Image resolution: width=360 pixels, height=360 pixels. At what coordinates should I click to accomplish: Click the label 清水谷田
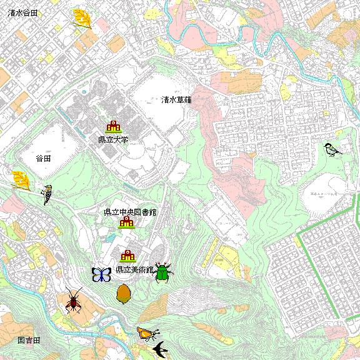(x=19, y=12)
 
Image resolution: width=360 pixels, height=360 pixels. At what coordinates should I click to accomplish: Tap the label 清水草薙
(x=176, y=99)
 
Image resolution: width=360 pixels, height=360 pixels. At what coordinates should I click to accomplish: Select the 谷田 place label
(x=43, y=159)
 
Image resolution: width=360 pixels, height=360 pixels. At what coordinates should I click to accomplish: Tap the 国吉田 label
(x=29, y=340)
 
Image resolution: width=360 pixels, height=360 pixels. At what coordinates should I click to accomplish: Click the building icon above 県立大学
(x=113, y=127)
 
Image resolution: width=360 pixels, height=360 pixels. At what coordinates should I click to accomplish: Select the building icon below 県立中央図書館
(x=127, y=222)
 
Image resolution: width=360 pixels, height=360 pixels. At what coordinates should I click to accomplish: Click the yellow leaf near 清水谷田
(x=82, y=19)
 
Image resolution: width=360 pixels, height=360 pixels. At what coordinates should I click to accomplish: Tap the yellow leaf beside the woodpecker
(x=21, y=180)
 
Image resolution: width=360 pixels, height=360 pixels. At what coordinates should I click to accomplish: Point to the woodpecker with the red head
(x=47, y=194)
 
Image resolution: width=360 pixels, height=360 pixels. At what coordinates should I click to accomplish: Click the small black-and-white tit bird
(x=332, y=149)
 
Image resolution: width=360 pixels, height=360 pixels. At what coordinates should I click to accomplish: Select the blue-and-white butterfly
(x=101, y=274)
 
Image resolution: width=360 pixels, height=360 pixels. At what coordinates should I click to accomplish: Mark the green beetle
(x=163, y=272)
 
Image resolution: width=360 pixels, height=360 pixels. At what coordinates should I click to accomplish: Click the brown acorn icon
(x=123, y=292)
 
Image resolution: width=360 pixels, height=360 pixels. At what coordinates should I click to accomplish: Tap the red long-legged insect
(x=74, y=301)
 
